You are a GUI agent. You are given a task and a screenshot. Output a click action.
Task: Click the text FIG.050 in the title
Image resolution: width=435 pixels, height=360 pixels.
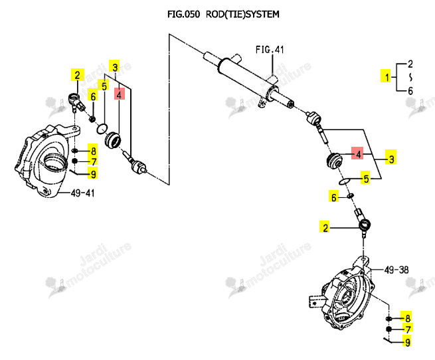point(183,14)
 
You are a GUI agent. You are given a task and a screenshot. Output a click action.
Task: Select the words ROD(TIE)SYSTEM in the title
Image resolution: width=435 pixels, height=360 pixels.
point(242,14)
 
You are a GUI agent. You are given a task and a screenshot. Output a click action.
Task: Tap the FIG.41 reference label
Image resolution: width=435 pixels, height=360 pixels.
point(270,50)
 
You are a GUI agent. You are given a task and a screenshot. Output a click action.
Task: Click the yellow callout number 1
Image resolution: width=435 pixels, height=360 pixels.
point(387,77)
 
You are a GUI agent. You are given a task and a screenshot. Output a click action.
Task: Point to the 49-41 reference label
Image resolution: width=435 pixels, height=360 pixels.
point(82,193)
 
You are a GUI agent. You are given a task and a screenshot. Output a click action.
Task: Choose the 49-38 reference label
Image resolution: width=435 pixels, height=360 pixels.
point(396,270)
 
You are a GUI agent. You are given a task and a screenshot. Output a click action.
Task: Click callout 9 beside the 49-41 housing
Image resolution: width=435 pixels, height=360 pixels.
point(93,174)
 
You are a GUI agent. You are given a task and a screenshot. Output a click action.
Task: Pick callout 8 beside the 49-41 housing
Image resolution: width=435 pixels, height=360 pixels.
point(93,151)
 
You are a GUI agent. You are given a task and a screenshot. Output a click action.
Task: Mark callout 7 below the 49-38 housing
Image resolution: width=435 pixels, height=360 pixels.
point(408,329)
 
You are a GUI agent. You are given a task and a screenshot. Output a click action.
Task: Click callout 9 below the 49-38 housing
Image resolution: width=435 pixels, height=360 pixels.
point(408,342)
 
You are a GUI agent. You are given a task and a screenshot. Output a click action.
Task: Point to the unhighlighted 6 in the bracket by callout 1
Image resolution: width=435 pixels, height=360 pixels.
point(410,91)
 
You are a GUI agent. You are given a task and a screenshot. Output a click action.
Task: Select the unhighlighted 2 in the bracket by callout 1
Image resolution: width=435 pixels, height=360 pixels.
point(410,64)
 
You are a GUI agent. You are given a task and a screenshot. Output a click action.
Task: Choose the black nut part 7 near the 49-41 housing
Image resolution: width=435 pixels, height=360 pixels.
point(74,161)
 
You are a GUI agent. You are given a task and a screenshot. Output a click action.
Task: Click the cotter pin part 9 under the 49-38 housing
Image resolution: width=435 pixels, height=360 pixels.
point(389,340)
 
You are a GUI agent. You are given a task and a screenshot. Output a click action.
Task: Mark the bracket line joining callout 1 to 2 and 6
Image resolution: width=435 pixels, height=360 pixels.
point(396,78)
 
